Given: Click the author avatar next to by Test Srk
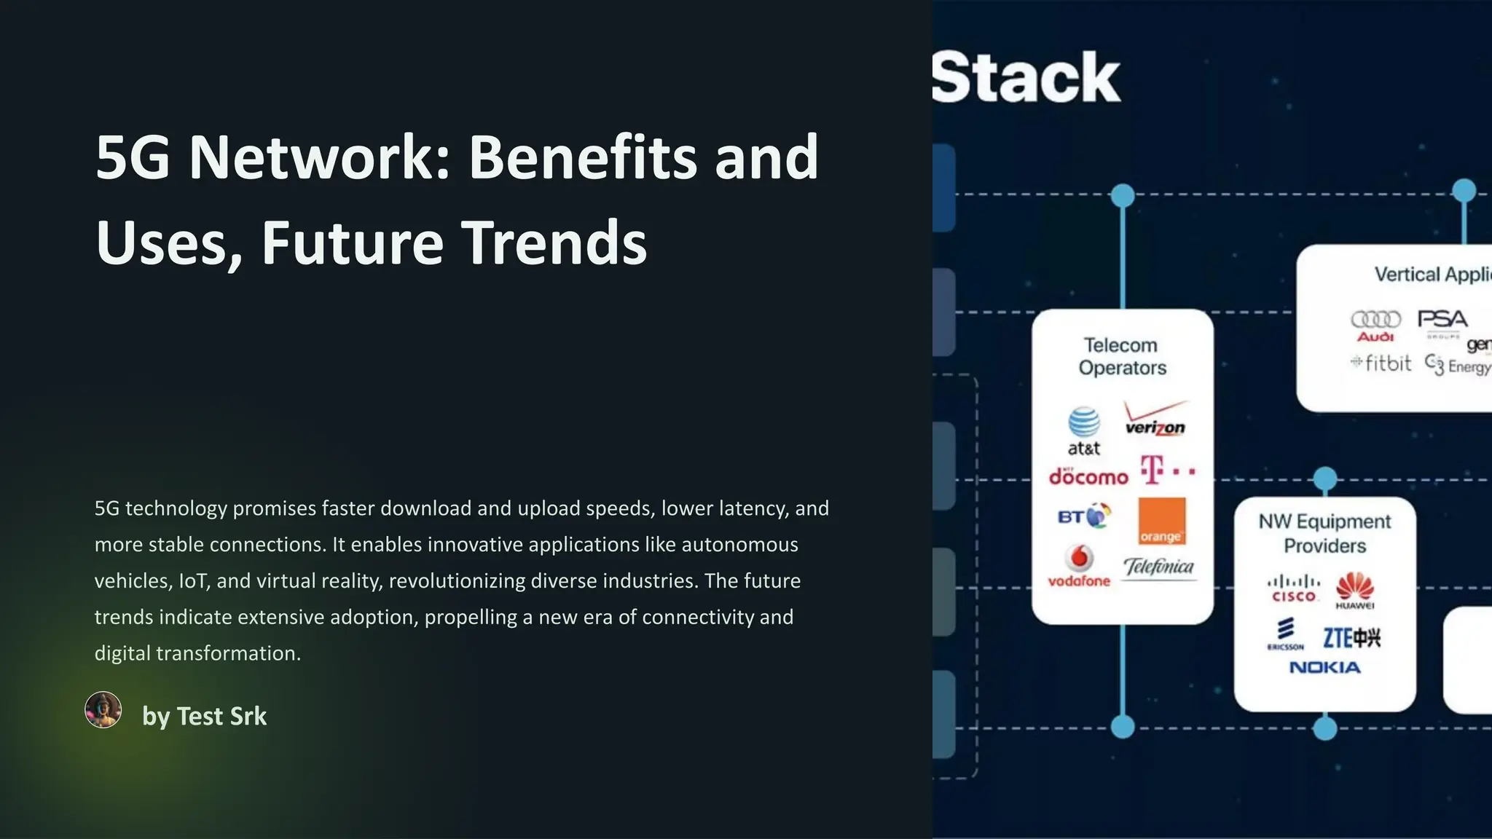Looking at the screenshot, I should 103,710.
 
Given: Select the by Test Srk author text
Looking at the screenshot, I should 205,717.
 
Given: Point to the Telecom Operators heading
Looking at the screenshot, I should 1122,356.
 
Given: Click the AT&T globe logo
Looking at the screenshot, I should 1084,423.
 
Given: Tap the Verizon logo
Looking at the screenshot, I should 1155,419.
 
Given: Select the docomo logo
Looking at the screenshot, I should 1088,477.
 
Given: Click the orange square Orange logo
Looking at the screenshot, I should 1161,521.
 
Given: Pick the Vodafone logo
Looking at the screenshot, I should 1079,566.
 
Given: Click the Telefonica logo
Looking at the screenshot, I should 1158,567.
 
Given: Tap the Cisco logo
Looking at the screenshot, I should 1293,588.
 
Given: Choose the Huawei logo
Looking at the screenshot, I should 1355,590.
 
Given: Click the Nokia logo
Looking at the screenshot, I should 1324,667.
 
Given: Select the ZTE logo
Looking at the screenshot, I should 1351,638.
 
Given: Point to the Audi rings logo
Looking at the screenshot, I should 1375,325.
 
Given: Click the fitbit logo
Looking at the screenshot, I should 1381,363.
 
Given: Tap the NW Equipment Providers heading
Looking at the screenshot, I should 1324,533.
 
